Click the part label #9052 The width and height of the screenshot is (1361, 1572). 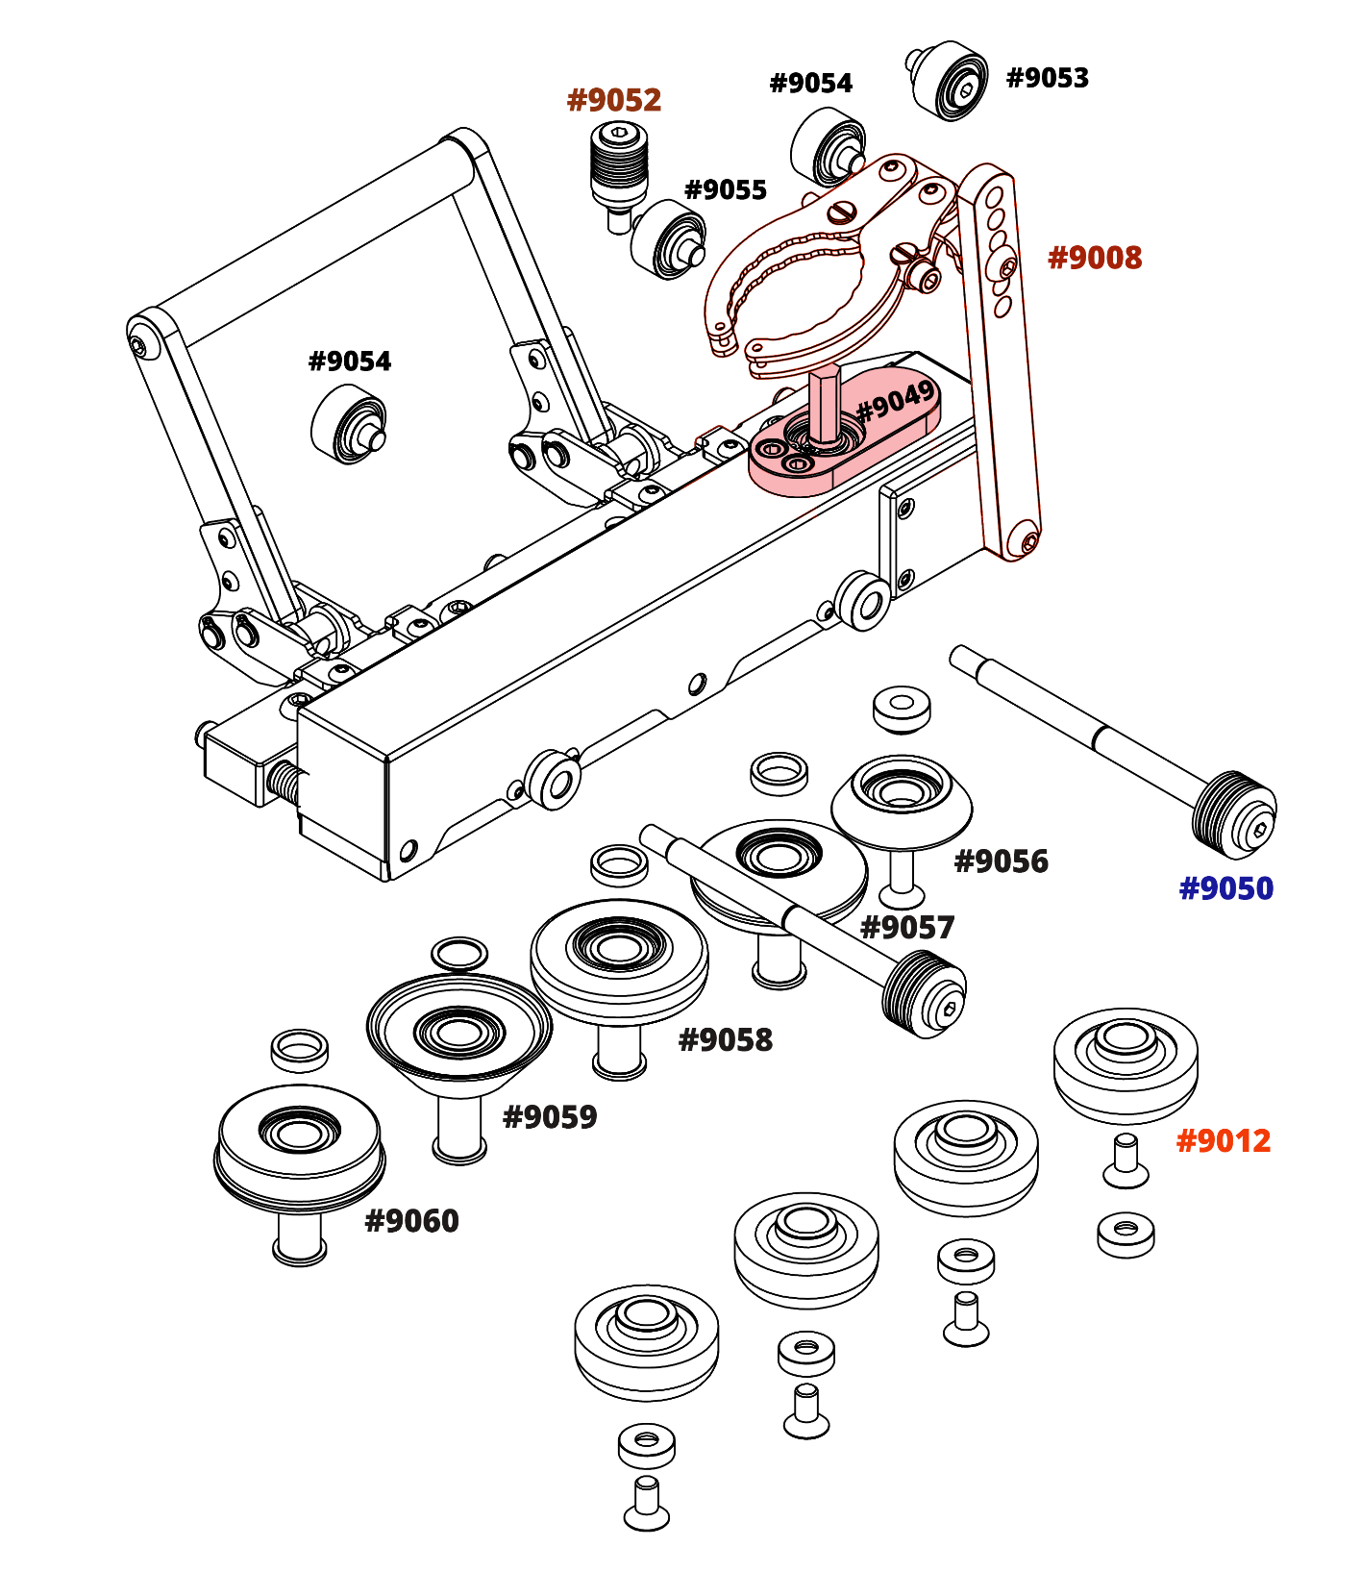coord(614,100)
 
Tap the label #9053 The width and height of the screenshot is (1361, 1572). coord(1047,78)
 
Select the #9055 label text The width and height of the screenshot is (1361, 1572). coord(725,189)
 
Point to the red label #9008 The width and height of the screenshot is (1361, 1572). coord(1095,258)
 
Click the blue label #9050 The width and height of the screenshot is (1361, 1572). coord(1225,888)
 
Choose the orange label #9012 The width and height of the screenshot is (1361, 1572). coord(1224,1141)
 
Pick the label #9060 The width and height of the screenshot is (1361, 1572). coord(411,1221)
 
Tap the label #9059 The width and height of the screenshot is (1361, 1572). coord(550,1117)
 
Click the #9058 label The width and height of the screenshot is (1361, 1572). coord(725,1040)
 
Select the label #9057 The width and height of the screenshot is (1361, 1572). coord(907,928)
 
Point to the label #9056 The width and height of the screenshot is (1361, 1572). coord(1001,861)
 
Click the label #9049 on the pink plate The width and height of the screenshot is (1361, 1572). coord(895,401)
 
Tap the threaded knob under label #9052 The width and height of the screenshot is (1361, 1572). coord(618,163)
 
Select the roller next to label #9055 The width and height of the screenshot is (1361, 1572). coord(669,239)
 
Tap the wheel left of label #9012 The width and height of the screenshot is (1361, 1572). coord(1125,1062)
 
